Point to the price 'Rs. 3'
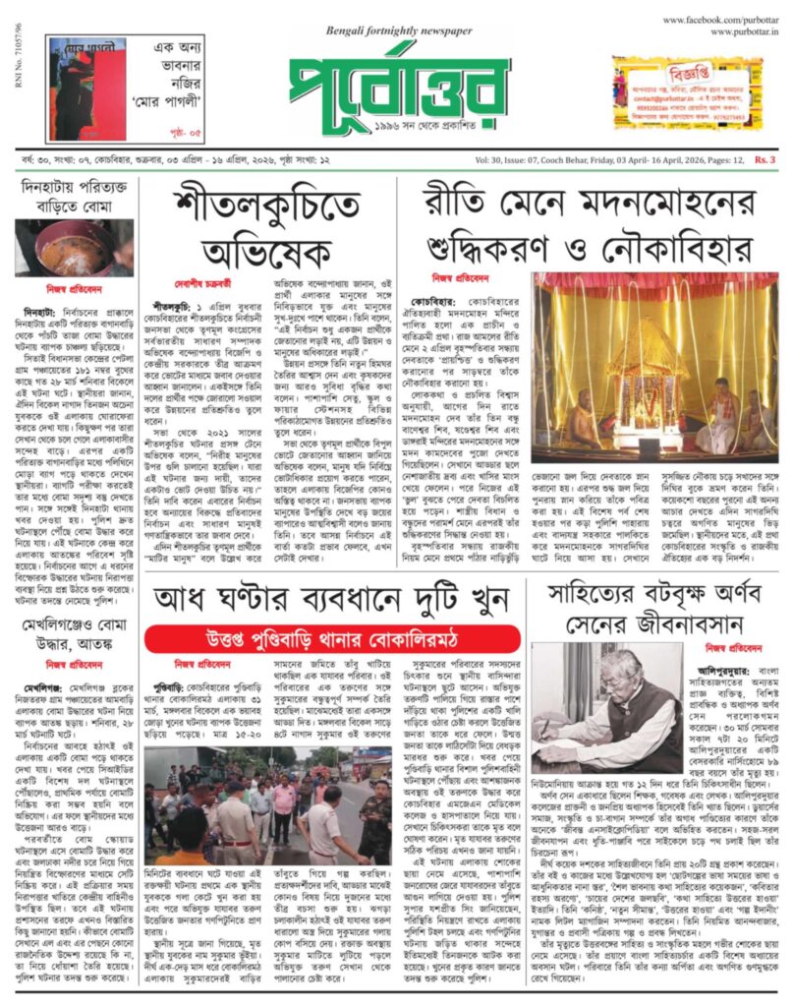765,159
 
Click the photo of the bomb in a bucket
75,247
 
